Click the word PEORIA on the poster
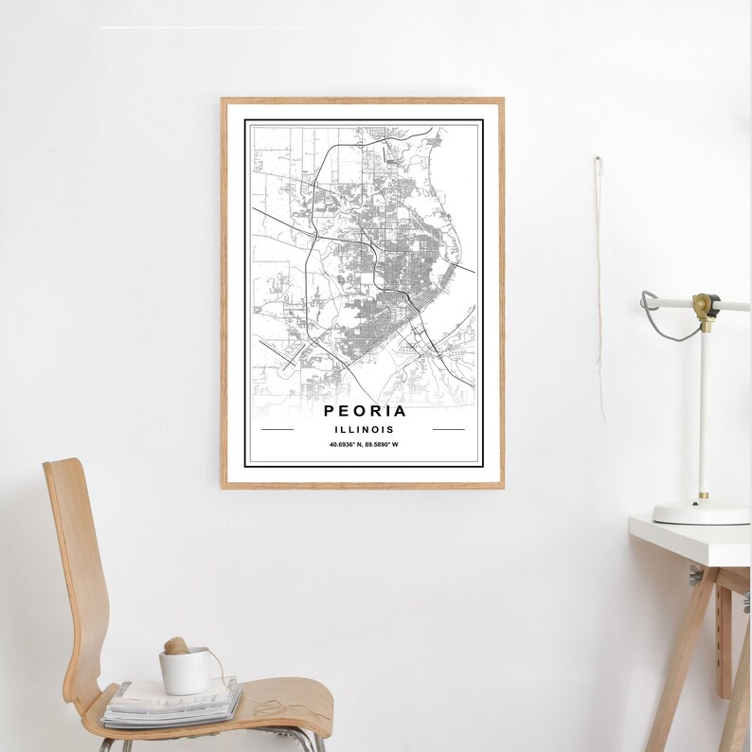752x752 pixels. click(x=365, y=411)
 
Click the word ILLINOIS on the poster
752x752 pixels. click(x=363, y=430)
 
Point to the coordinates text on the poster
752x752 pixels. click(x=364, y=445)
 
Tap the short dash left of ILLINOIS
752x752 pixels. click(x=278, y=430)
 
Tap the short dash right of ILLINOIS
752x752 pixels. click(x=448, y=430)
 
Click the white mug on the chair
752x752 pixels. click(x=183, y=671)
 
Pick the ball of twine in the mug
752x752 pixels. click(x=175, y=646)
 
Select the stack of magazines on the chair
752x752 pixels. click(x=170, y=703)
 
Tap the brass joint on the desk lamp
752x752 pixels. click(x=705, y=306)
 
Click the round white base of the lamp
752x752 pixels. click(x=701, y=512)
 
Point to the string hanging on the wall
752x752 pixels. click(x=600, y=284)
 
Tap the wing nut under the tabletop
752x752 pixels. click(x=696, y=574)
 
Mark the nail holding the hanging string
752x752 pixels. click(x=599, y=159)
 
